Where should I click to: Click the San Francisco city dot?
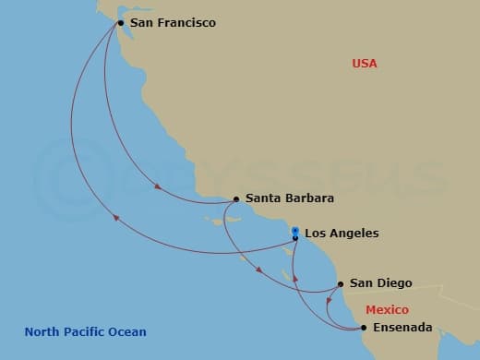pyautogui.click(x=120, y=22)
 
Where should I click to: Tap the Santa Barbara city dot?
pyautogui.click(x=235, y=198)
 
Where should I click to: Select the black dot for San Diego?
pyautogui.click(x=341, y=283)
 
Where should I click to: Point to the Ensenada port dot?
pyautogui.click(x=363, y=328)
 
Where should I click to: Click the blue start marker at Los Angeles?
pyautogui.click(x=294, y=231)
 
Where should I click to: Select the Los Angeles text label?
pyautogui.click(x=341, y=234)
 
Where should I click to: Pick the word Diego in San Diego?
pyautogui.click(x=395, y=283)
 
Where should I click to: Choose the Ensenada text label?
pyautogui.click(x=402, y=328)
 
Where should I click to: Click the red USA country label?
pyautogui.click(x=365, y=64)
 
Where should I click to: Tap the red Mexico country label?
pyautogui.click(x=387, y=310)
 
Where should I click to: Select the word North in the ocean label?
pyautogui.click(x=42, y=332)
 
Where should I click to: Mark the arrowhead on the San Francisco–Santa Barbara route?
pyautogui.click(x=158, y=186)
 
